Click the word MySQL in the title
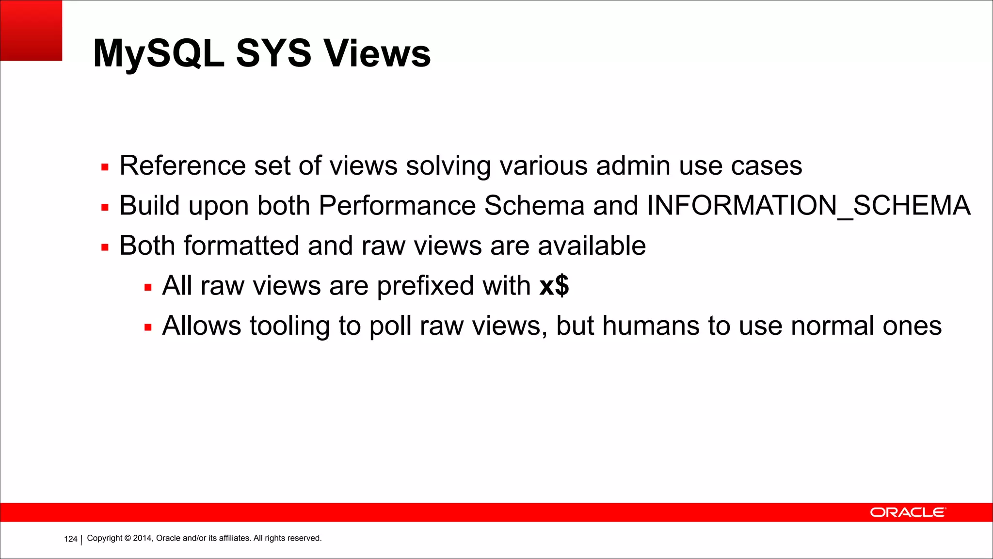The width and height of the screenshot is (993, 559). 159,53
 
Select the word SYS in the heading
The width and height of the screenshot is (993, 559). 273,53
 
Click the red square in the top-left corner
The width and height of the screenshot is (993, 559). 31,30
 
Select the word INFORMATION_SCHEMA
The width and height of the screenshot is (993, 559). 808,206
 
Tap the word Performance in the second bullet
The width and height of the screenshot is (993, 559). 397,206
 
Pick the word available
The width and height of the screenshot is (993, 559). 592,246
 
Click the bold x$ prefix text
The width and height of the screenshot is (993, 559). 554,285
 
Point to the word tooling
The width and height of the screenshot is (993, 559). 289,326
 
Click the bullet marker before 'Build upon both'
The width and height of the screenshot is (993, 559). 105,208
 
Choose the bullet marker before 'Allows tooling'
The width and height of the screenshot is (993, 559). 148,328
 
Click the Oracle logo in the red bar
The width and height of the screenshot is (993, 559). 907,512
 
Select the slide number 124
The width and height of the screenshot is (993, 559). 71,539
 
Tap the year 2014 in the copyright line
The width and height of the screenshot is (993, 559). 143,538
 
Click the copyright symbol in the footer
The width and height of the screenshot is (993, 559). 128,538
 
